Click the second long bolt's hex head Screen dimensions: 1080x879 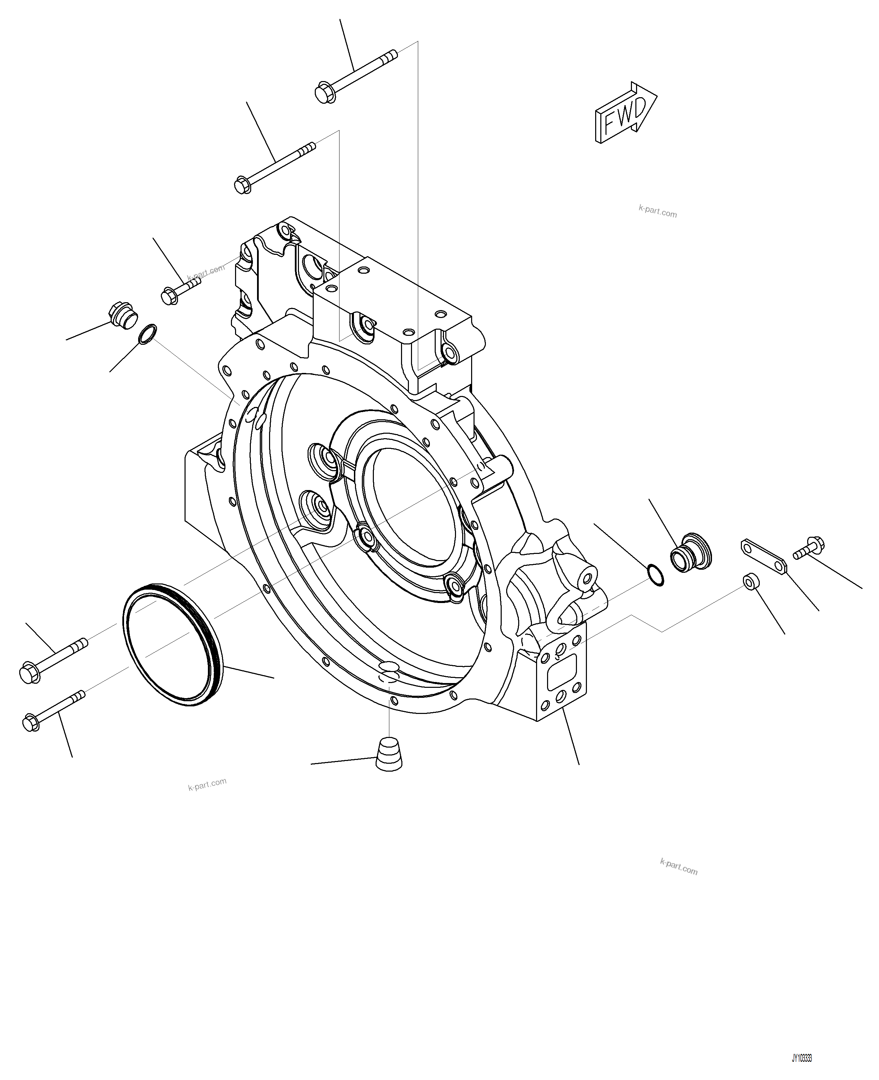tap(243, 185)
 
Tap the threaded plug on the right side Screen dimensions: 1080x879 tap(691, 552)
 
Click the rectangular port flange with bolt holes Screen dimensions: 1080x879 tap(561, 671)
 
